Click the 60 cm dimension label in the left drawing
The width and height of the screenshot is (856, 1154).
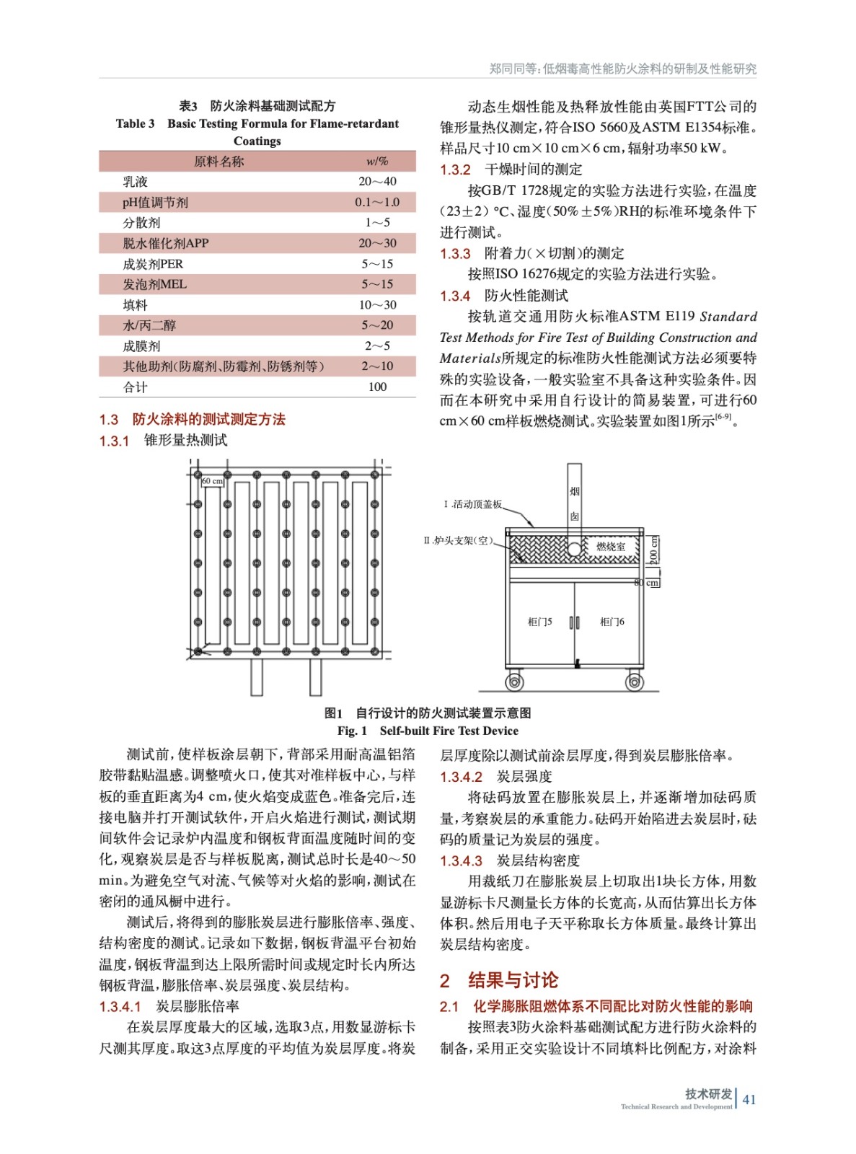[212, 481]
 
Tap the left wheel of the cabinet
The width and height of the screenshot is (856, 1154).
[514, 681]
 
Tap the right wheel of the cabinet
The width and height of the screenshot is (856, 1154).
[635, 681]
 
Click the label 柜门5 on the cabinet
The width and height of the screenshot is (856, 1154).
[539, 622]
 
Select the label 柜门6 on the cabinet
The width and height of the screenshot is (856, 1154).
[612, 622]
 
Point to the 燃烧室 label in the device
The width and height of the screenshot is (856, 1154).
[611, 547]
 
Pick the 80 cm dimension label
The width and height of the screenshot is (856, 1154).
[647, 582]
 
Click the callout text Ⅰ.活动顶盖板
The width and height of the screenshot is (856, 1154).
[472, 504]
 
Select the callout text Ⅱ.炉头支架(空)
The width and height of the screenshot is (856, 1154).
[458, 540]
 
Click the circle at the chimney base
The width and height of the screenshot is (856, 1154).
[574, 550]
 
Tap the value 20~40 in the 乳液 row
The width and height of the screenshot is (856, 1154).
[377, 182]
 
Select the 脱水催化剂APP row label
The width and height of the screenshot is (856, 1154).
[165, 244]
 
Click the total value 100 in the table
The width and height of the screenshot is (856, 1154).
[377, 387]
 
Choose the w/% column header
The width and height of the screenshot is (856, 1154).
[377, 162]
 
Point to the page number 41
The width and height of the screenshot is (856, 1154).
[749, 1099]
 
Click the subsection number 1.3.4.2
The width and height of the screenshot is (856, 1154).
[461, 777]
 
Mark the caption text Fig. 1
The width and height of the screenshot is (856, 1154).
[352, 731]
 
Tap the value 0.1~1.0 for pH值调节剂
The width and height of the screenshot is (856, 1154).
[377, 203]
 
